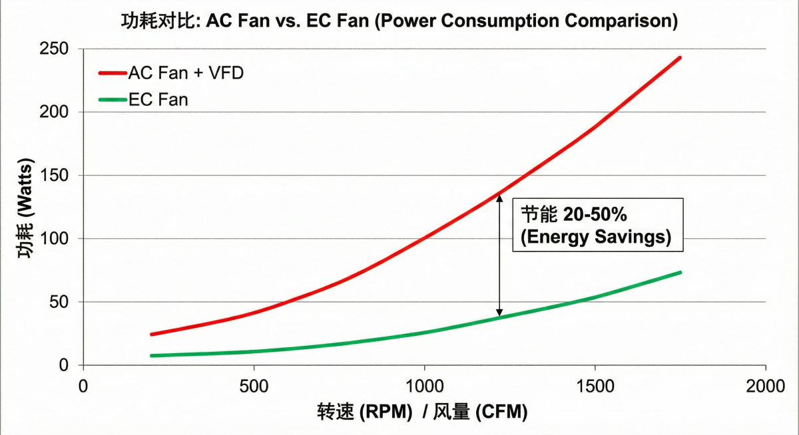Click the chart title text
[x=399, y=21]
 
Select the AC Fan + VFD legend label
[x=186, y=72]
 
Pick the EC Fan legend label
[x=158, y=100]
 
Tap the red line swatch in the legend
[x=112, y=72]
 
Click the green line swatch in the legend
[x=112, y=100]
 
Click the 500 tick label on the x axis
[x=254, y=385]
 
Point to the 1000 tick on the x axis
[x=424, y=385]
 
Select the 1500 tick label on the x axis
[x=595, y=385]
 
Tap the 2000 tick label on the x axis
[x=766, y=385]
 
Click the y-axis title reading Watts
[x=25, y=208]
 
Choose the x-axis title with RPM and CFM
[x=422, y=412]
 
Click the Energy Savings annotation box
[x=598, y=224]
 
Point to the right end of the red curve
[x=680, y=58]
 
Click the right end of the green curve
[x=680, y=272]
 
